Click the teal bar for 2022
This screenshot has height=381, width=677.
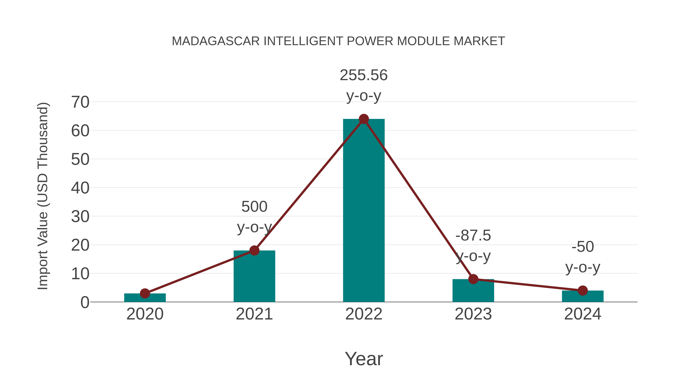coord(364,210)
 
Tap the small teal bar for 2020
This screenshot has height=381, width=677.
coord(145,298)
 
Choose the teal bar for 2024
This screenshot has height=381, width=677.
coord(583,296)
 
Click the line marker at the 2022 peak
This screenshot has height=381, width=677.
coord(364,119)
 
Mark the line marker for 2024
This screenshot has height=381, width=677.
coord(583,290)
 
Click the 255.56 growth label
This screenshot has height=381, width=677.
coord(364,75)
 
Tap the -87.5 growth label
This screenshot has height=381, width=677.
coord(473,235)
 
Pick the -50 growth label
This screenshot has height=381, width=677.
coord(583,247)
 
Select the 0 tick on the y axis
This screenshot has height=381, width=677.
coord(85,302)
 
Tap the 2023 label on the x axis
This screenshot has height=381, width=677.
coord(473,314)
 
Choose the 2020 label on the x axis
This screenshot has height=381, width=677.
coord(145,314)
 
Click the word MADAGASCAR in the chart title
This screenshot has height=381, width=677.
coord(216,41)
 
